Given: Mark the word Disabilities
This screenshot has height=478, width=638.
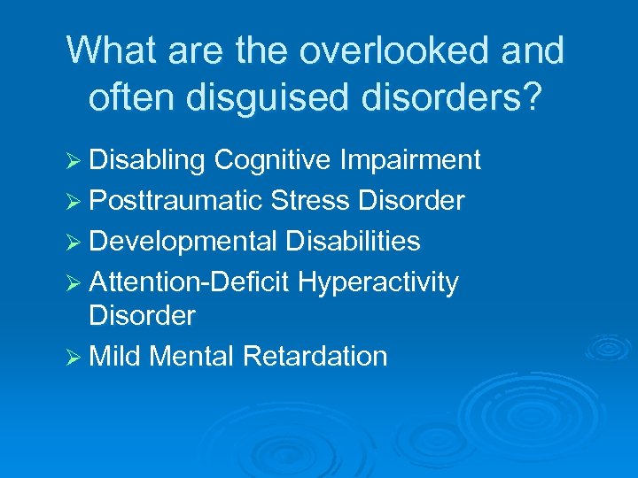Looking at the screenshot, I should coord(353,242).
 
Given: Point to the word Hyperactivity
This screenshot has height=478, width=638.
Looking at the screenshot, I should coord(378,282).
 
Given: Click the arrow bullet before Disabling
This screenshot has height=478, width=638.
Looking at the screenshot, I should coord(74,161).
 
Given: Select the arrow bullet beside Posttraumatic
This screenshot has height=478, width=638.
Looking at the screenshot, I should coord(74,202).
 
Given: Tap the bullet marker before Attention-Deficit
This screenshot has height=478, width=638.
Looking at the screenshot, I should coord(74,283).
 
